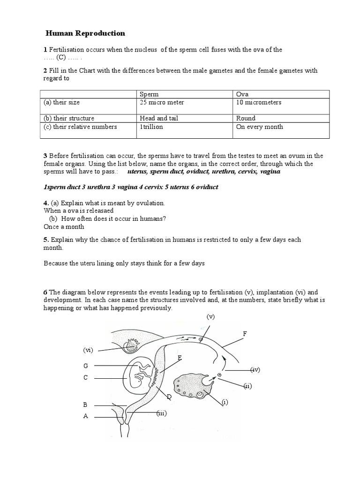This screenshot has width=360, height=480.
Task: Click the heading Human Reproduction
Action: [85, 33]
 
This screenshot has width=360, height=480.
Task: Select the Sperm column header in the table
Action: [149, 94]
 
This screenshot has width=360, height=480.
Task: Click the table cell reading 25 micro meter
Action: [162, 102]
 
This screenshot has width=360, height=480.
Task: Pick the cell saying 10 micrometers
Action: [259, 102]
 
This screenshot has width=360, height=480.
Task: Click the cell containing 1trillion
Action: [151, 127]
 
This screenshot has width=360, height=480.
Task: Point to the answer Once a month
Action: [64, 227]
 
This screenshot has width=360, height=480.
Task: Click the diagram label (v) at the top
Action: [210, 317]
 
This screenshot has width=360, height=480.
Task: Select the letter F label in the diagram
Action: [244, 333]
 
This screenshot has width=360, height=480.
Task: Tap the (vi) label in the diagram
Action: [89, 350]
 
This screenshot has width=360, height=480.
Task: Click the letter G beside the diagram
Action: [86, 366]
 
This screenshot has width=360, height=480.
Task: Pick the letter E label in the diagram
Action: [180, 358]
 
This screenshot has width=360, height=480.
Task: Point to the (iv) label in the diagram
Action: [255, 370]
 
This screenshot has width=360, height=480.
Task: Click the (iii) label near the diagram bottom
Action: [161, 413]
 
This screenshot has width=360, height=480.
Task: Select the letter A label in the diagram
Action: [86, 416]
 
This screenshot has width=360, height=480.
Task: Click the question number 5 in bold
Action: [45, 240]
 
